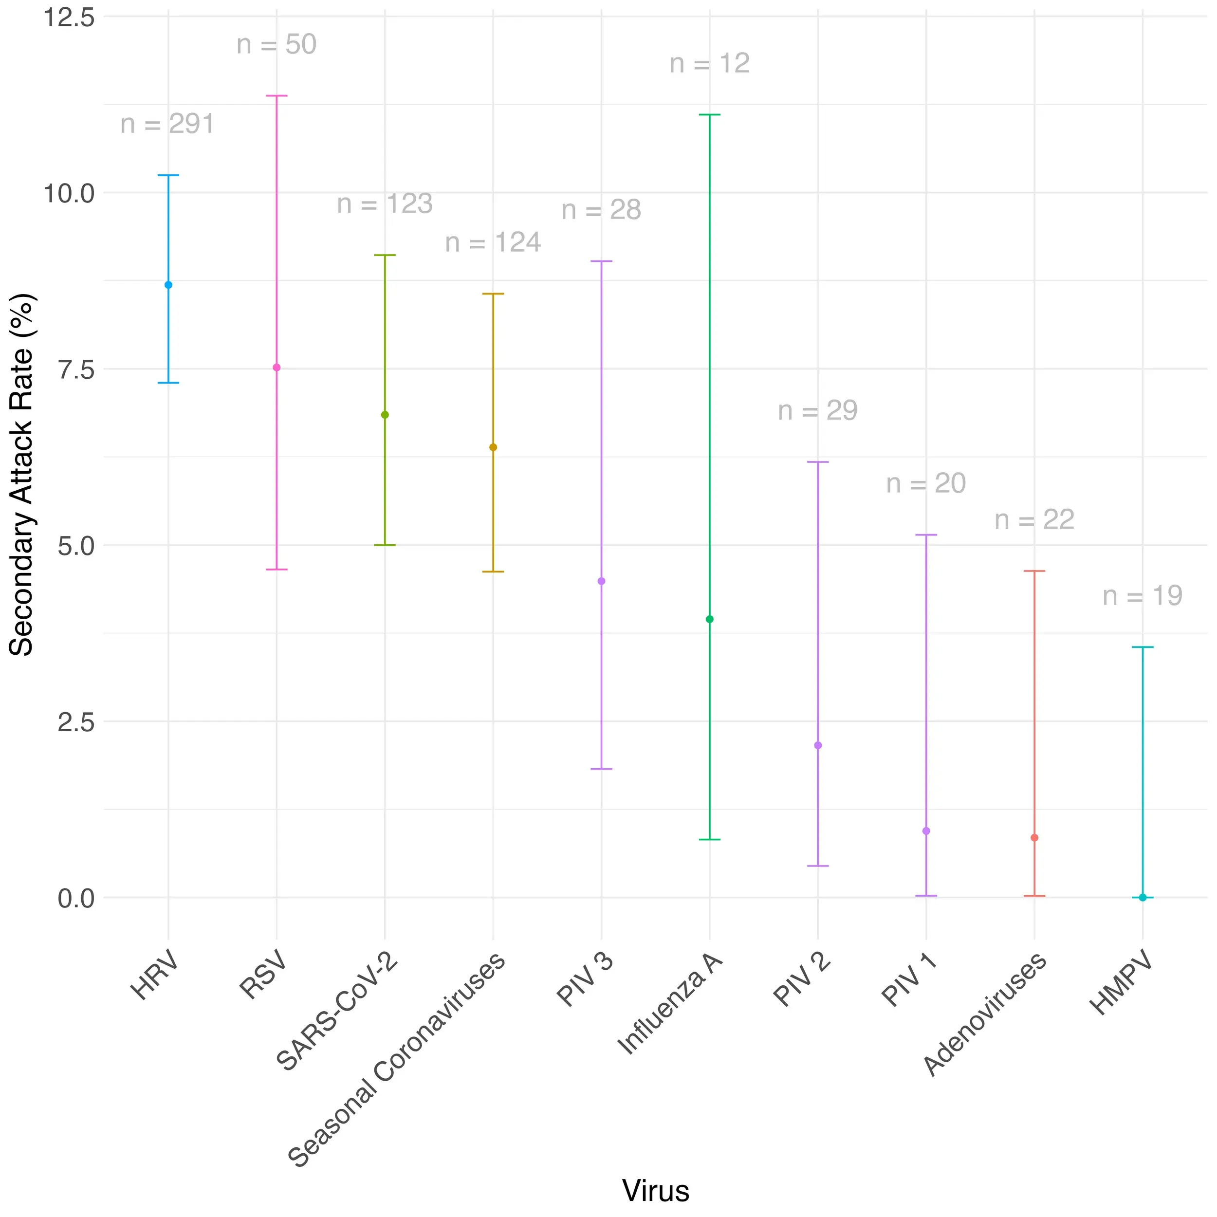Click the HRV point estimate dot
(168, 285)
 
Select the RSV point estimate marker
(277, 368)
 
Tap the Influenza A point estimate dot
(710, 619)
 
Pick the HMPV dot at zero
(1143, 898)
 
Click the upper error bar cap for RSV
(277, 96)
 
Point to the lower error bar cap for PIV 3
(602, 769)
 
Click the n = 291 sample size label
(167, 124)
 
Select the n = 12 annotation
(710, 64)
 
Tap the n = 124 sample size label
(493, 243)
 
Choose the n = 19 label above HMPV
(1143, 596)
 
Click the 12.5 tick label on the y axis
(69, 18)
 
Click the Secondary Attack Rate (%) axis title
(21, 476)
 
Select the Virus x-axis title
(656, 1191)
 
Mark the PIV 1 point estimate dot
(926, 831)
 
